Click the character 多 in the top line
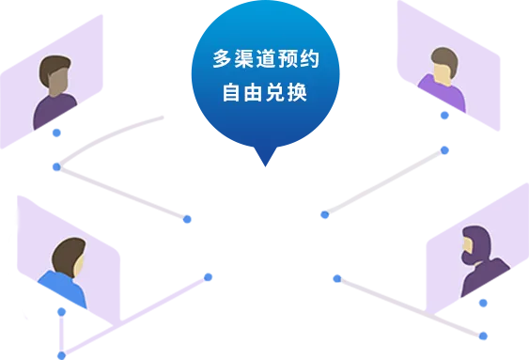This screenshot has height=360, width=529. click(x=222, y=59)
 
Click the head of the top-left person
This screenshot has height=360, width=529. click(x=56, y=75)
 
